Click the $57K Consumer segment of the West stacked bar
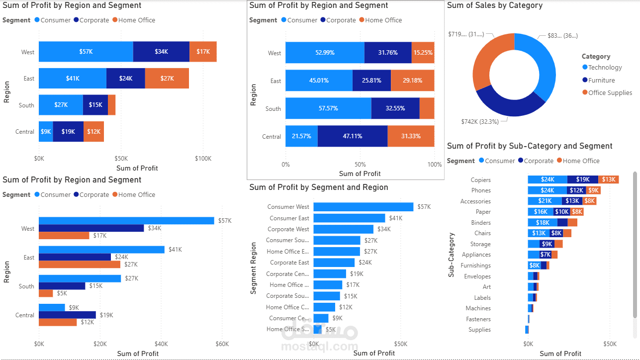coord(86,52)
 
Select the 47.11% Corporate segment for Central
coord(352,136)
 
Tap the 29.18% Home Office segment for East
coord(412,81)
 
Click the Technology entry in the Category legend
coord(605,68)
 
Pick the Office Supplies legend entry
coord(610,93)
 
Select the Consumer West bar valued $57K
coord(363,207)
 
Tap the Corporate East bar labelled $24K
coord(334,263)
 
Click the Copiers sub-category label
coord(480,180)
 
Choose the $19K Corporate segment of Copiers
coord(583,180)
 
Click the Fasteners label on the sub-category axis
coord(478,319)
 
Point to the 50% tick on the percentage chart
coord(360,165)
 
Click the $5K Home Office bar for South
coord(46,293)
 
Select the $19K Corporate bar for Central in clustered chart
coord(67,315)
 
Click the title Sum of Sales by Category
coord(494,5)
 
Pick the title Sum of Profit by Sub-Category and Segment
coord(530,146)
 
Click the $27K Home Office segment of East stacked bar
coord(167,79)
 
